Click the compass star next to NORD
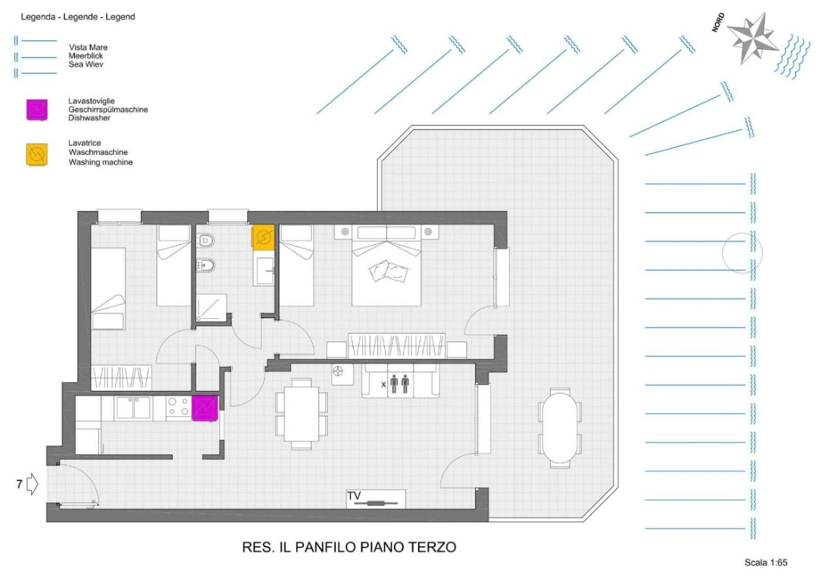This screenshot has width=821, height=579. pos(753,39)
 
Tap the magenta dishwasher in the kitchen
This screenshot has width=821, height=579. pos(205,408)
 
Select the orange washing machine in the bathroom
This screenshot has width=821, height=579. pos(263,237)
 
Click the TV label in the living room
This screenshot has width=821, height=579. pos(354,496)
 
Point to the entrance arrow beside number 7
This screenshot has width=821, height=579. pos(33,484)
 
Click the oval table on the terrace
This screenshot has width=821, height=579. pos(559,428)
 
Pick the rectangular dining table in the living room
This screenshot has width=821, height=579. pos(301,414)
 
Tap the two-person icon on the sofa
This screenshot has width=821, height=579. pos(399,384)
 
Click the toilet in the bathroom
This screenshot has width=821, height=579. pos(205,240)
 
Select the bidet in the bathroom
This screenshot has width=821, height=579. pos(205,265)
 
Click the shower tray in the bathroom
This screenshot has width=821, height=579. pos(211,308)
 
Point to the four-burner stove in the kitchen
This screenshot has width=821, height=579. pos(179,407)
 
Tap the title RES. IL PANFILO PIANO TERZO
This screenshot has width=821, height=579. pos(349,547)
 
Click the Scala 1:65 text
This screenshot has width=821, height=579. pos(766,563)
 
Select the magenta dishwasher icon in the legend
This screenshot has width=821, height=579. pos(36,110)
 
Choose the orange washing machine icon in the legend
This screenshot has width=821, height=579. pos(36,154)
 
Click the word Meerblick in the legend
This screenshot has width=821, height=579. pos(86,56)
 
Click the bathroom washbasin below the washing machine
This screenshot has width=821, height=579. pos(264,271)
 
